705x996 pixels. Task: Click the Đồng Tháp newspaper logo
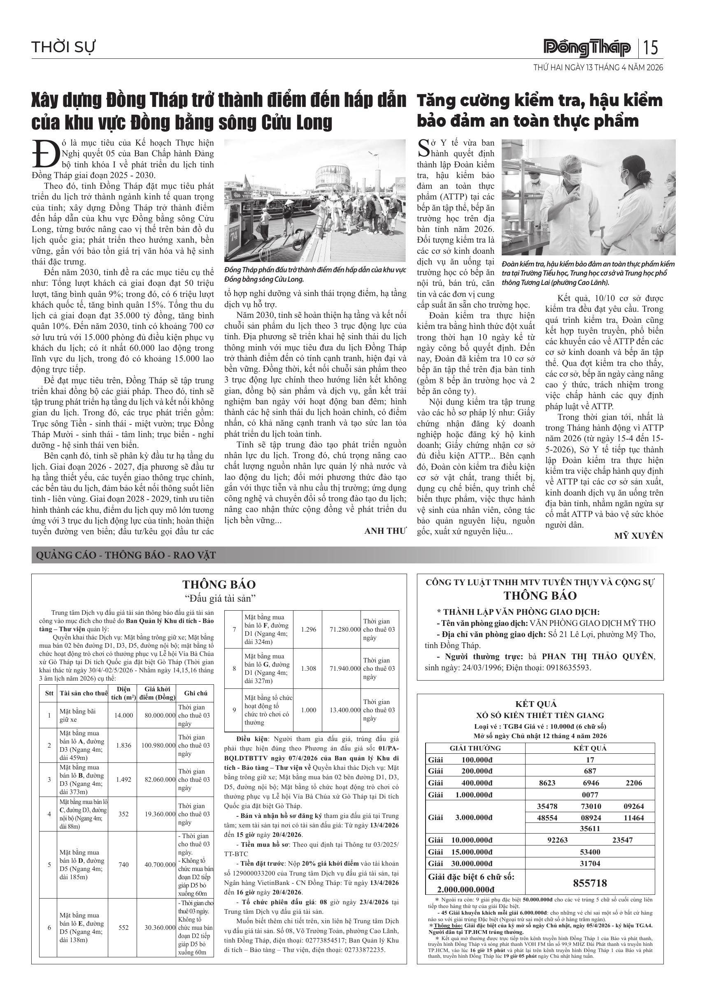tap(587, 47)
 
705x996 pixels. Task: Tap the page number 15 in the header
tap(651, 47)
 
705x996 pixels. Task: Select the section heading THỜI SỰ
tap(63, 47)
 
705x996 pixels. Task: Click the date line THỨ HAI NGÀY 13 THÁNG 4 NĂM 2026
tap(598, 68)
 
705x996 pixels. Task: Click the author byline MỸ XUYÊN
tap(639, 536)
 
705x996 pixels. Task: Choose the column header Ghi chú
tap(196, 693)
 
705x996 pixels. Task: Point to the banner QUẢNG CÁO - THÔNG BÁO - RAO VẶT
tap(126, 555)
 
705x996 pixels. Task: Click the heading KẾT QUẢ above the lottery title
tap(540, 704)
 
